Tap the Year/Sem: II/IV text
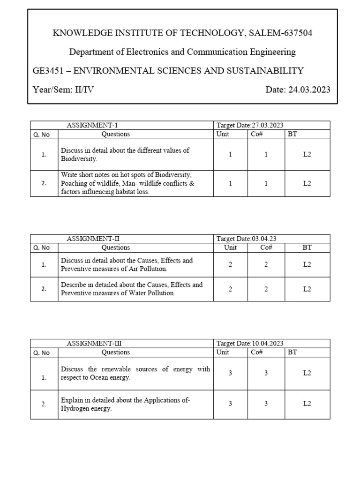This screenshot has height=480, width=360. tap(63, 90)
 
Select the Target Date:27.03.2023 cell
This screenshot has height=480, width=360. tap(250, 125)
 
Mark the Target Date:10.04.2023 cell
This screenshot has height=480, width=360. tap(250, 344)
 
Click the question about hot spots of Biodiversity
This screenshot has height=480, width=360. tap(127, 183)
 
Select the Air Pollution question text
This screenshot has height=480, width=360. tap(127, 264)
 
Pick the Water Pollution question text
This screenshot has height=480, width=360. tap(131, 289)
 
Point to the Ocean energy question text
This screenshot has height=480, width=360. tap(135, 373)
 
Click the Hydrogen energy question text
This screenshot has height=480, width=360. tap(125, 404)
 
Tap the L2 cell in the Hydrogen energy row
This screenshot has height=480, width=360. tap(307, 404)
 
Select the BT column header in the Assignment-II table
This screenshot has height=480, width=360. tap(307, 247)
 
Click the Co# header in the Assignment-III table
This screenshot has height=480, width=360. tap(256, 352)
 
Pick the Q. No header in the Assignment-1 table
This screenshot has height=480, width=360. tap(41, 135)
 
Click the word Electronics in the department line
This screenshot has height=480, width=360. tap(139, 52)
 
